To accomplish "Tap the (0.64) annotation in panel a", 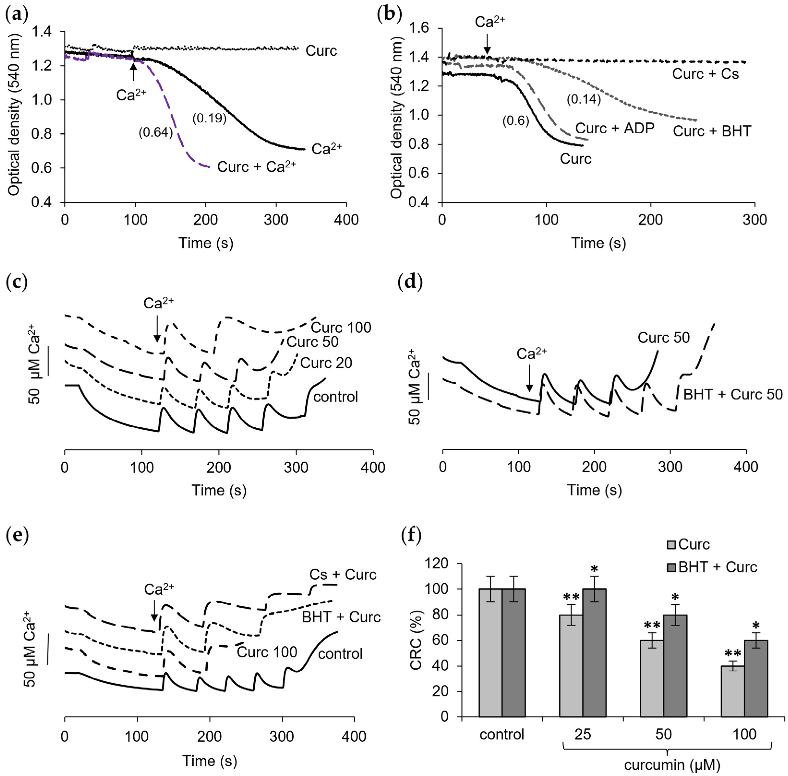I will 155,133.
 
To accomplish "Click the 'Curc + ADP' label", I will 614,128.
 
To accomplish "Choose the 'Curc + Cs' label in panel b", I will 705,74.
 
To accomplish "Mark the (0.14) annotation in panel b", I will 583,99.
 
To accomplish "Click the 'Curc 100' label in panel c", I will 341,328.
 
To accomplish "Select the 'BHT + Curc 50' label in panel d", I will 733,395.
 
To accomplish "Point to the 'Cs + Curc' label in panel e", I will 343,575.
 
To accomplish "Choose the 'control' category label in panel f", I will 502,734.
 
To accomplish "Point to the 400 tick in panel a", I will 346,220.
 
